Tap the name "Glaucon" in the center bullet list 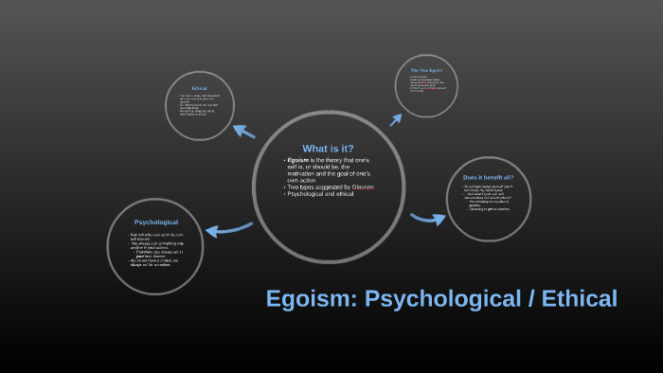[x=362, y=187]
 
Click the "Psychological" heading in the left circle [x=156, y=222]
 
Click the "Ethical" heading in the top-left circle [x=199, y=88]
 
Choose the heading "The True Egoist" [x=427, y=70]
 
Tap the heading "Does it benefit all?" [x=487, y=178]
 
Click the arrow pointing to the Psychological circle [x=227, y=228]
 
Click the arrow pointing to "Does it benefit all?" [x=428, y=219]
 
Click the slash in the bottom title [x=524, y=299]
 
